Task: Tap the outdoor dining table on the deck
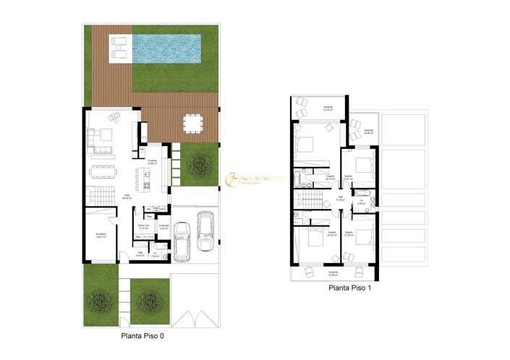pyautogui.click(x=192, y=124)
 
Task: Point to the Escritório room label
pyautogui.click(x=102, y=234)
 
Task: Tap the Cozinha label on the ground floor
pyautogui.click(x=153, y=162)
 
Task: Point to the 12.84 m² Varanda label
pyautogui.click(x=332, y=274)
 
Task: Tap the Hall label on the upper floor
pyautogui.click(x=340, y=198)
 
